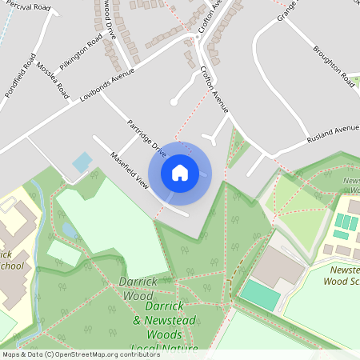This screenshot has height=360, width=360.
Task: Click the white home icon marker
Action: click(180, 173)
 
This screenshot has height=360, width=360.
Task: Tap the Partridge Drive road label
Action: click(147, 138)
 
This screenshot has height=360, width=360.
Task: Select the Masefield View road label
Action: click(129, 170)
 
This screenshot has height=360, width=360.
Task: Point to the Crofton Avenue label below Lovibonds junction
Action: click(214, 90)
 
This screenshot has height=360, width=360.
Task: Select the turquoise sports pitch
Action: click(260, 294)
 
